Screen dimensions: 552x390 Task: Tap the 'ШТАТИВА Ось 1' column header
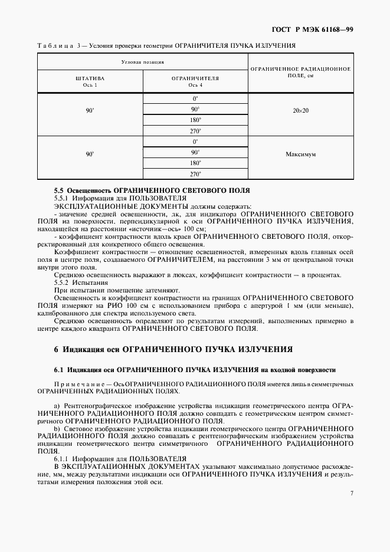coord(90,81)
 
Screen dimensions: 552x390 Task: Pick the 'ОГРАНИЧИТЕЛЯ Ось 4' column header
coord(195,81)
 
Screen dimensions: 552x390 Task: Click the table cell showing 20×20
coord(300,110)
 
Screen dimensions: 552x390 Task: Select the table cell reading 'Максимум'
coord(300,153)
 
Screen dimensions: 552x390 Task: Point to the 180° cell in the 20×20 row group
coord(195,120)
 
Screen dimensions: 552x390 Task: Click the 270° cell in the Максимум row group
coord(195,174)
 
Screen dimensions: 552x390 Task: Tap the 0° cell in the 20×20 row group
coord(195,98)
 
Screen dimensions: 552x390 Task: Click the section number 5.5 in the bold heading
coord(59,190)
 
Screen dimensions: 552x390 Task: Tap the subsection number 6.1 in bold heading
coord(58,370)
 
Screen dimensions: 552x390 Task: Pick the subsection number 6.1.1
coord(63,458)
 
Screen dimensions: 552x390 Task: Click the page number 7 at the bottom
coord(351,493)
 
